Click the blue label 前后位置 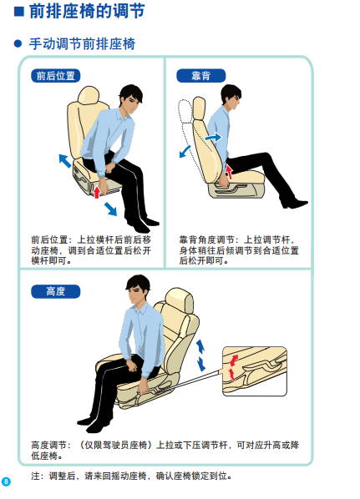55,76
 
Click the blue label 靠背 200,76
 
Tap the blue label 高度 55,291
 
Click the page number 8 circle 6,481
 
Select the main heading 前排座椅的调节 87,11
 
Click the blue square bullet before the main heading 19,12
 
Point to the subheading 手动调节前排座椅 82,43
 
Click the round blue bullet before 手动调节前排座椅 18,43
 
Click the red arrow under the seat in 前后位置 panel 97,192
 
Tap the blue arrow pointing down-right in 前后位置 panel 110,209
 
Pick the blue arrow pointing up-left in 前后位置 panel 65,161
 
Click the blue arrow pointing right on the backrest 213,138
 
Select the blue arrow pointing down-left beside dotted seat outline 185,152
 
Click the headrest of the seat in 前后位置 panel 89,95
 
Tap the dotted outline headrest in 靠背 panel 185,111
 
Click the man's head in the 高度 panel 138,290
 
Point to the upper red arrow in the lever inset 234,360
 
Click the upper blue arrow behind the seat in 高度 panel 200,346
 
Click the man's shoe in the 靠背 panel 294,204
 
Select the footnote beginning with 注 131,476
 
